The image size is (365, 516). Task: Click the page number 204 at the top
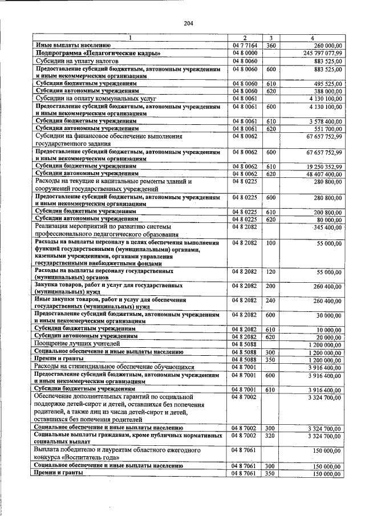(x=189, y=23)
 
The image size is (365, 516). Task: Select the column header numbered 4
(x=312, y=38)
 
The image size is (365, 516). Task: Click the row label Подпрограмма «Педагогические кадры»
(x=96, y=53)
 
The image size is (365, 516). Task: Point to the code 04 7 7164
(x=245, y=46)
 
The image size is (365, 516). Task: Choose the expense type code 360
(x=271, y=46)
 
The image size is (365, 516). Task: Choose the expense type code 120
(x=271, y=273)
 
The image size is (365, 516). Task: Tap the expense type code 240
(x=271, y=300)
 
